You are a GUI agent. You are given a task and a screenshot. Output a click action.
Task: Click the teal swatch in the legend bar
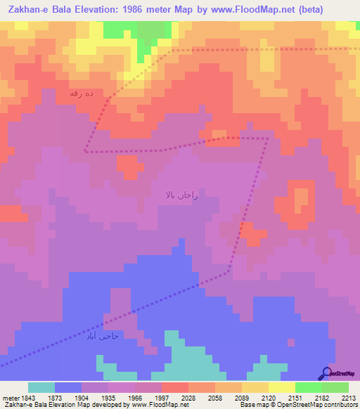pyautogui.click(x=41, y=387)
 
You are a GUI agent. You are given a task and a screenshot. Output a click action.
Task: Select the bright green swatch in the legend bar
pyautogui.click(x=308, y=387)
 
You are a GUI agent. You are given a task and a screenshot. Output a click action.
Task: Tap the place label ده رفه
pyautogui.click(x=82, y=93)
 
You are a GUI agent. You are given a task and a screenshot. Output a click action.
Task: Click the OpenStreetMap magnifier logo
pyautogui.click(x=326, y=373)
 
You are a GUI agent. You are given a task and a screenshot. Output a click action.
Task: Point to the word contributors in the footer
pyautogui.click(x=339, y=405)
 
